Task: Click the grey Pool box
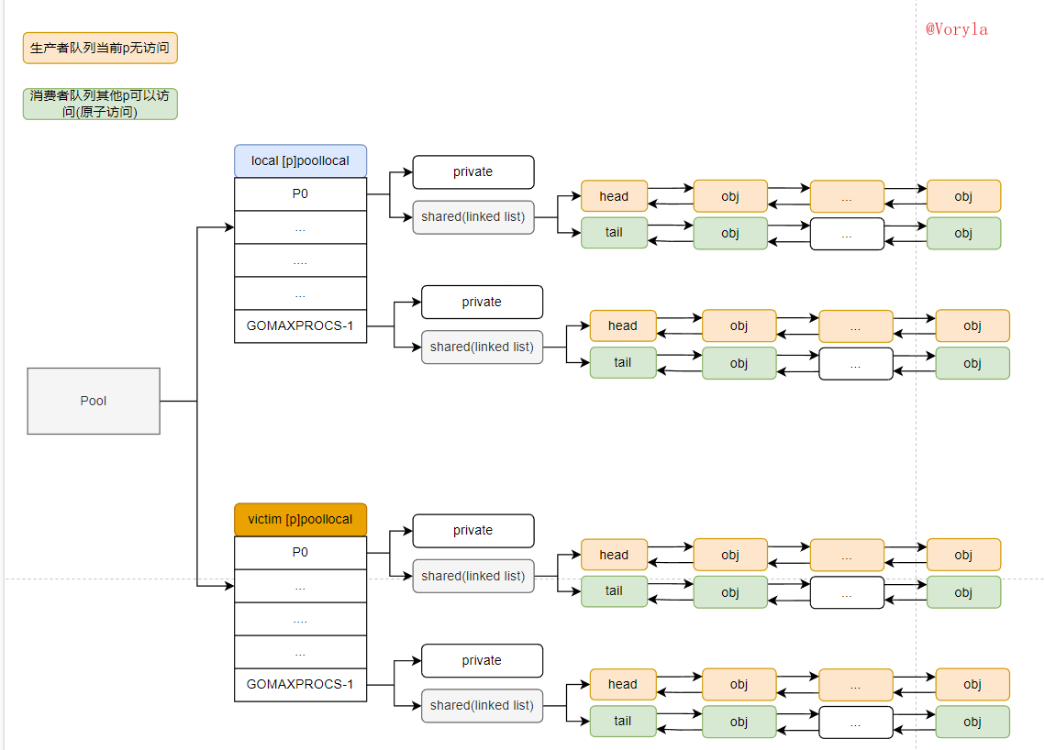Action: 94,401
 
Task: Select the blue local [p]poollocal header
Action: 300,160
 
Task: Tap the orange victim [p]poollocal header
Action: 300,519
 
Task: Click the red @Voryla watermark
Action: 956,28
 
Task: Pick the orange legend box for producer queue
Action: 100,48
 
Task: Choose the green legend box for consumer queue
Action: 100,104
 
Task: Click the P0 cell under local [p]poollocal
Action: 300,193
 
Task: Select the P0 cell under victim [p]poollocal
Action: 300,552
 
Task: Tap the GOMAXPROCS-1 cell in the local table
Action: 300,325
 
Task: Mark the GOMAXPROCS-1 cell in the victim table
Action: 300,684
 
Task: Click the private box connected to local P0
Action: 472,171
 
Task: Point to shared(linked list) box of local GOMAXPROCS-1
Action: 482,347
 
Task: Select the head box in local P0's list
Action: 614,196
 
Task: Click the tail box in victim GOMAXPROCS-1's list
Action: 623,721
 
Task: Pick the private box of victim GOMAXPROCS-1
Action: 482,660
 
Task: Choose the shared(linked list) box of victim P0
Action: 472,576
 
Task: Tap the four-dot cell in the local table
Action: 300,260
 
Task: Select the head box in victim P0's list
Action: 614,555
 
